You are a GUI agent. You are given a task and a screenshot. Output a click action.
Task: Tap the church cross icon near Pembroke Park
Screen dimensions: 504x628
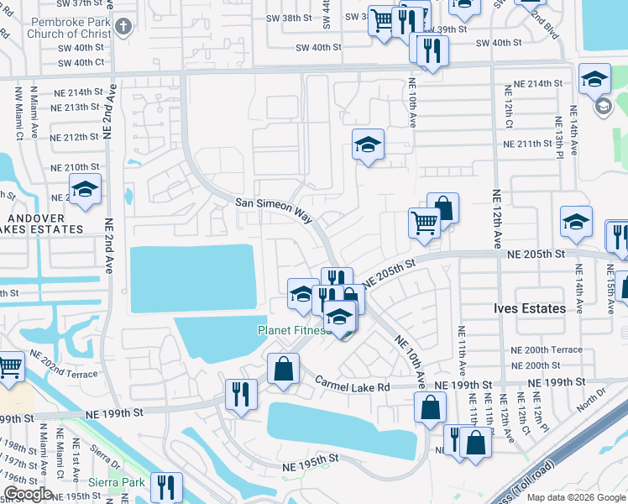pyautogui.click(x=123, y=27)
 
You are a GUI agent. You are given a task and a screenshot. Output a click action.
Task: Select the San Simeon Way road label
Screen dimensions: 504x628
pyautogui.click(x=274, y=209)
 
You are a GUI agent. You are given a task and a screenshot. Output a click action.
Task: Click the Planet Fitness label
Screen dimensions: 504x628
pyautogui.click(x=290, y=330)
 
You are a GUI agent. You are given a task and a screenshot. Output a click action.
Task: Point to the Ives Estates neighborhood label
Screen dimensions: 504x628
pyautogui.click(x=529, y=309)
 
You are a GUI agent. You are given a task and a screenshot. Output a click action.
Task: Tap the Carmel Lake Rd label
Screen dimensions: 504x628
pyautogui.click(x=353, y=382)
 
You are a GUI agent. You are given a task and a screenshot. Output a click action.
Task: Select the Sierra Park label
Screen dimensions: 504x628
pyautogui.click(x=118, y=483)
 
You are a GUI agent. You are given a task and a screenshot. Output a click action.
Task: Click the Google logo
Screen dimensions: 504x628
pyautogui.click(x=27, y=494)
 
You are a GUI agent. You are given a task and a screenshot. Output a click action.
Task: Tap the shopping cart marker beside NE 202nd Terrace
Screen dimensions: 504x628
pyautogui.click(x=8, y=367)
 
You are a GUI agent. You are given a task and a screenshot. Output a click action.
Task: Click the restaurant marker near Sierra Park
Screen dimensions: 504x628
pyautogui.click(x=165, y=486)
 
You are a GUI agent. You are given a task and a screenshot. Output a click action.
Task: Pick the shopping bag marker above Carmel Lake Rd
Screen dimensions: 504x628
pyautogui.click(x=284, y=369)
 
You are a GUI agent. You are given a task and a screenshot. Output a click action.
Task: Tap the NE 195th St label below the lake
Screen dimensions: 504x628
pyautogui.click(x=310, y=459)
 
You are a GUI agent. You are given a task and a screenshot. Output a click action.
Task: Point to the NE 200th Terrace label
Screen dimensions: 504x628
pyautogui.click(x=546, y=349)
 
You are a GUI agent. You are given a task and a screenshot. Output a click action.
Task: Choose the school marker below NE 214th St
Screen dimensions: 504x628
pyautogui.click(x=368, y=146)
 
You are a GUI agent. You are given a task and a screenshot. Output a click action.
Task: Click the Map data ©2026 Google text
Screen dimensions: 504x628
pyautogui.click(x=577, y=497)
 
